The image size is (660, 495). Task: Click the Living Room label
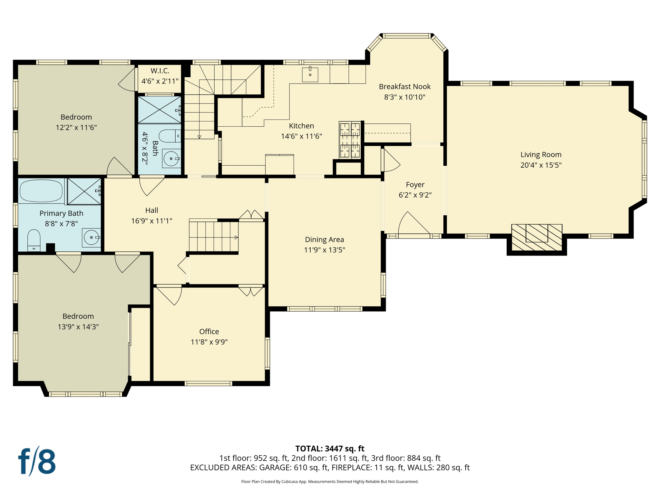[541, 155]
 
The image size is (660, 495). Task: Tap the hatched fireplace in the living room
[537, 238]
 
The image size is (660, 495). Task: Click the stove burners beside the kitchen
[350, 140]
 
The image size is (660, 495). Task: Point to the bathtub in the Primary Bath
[41, 191]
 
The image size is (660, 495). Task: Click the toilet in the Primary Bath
[34, 240]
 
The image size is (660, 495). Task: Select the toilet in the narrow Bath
[170, 136]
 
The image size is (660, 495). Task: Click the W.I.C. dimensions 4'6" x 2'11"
[160, 81]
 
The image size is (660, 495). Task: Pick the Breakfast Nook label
[405, 86]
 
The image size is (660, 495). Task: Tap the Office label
[209, 332]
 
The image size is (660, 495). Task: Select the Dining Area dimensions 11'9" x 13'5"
[325, 250]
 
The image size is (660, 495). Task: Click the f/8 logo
[37, 461]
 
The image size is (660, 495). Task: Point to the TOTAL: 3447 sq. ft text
[330, 449]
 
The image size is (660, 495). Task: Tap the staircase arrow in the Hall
[236, 238]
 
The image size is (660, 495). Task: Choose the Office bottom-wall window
[209, 383]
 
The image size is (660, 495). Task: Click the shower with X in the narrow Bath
[160, 110]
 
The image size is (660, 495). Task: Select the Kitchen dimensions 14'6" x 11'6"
[301, 136]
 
